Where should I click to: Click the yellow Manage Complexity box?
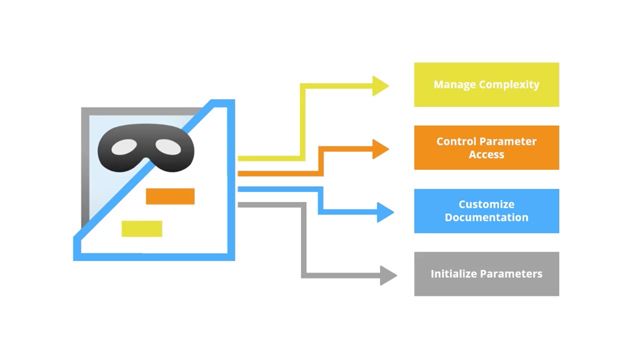pyautogui.click(x=486, y=85)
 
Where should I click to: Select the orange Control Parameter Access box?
pyautogui.click(x=486, y=148)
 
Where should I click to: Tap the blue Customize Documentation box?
pyautogui.click(x=486, y=211)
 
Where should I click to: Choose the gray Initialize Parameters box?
pyautogui.click(x=486, y=273)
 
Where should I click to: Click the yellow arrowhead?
pyautogui.click(x=380, y=86)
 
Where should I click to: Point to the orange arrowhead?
pyautogui.click(x=380, y=149)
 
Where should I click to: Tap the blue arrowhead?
pyautogui.click(x=384, y=212)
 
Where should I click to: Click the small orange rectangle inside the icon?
pyautogui.click(x=170, y=196)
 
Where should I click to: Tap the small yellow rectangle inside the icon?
pyautogui.click(x=142, y=228)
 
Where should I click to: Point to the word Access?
pyautogui.click(x=486, y=156)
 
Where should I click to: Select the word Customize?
pyautogui.click(x=486, y=204)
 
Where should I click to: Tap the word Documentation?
pyautogui.click(x=486, y=218)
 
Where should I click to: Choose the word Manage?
pyautogui.click(x=453, y=85)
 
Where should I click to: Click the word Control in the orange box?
pyautogui.click(x=457, y=141)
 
